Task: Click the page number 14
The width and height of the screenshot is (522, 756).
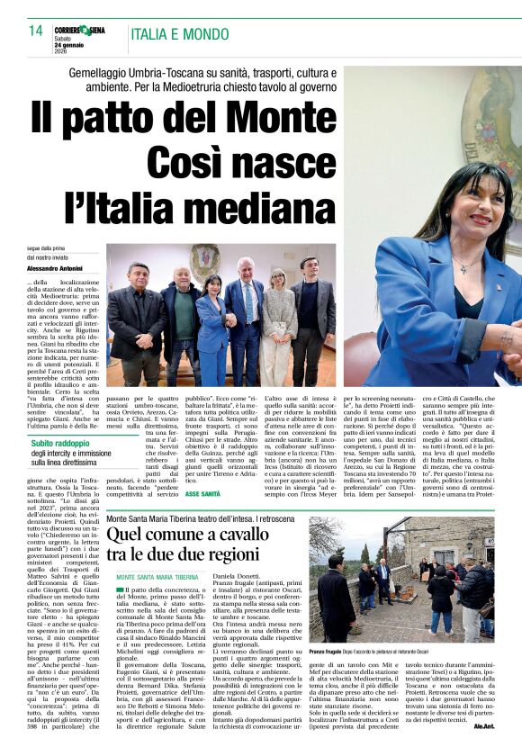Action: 36,31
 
